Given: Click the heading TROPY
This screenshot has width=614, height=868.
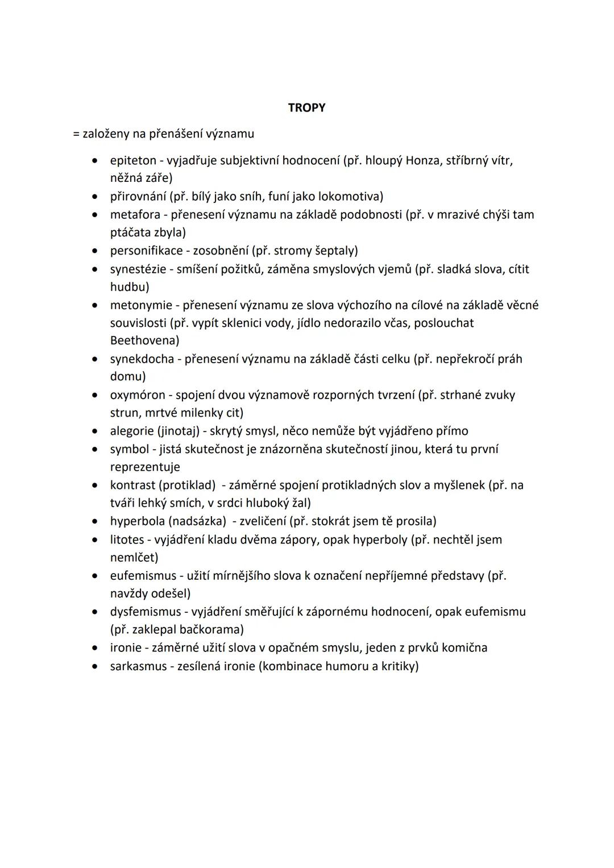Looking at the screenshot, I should (306, 107).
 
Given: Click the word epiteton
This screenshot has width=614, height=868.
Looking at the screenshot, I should (133, 161).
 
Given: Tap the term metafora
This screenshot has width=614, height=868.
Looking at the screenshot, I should (135, 215).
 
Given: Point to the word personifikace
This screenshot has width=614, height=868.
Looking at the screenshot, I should (146, 251).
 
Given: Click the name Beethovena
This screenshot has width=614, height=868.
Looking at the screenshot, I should (143, 340).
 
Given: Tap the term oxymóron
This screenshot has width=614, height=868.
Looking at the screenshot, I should (138, 395).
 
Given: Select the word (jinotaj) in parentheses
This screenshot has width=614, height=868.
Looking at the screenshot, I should (180, 431).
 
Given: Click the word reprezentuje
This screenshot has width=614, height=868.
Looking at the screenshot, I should (145, 467).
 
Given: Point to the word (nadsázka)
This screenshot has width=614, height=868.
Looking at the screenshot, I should (204, 521).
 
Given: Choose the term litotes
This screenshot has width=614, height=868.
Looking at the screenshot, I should (127, 539).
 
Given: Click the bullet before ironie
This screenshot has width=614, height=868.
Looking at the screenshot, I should (96, 648).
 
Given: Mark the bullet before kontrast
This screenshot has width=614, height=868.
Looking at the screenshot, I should (96, 485).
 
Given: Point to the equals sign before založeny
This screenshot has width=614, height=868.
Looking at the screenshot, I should (76, 135).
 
